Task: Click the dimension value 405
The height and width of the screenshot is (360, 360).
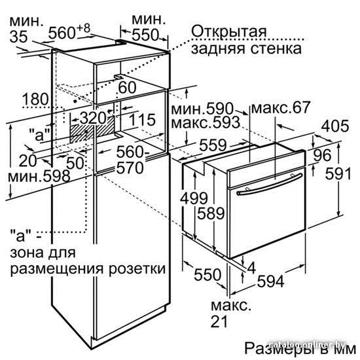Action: pyautogui.click(x=335, y=126)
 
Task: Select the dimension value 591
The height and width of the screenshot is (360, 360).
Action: pyautogui.click(x=338, y=173)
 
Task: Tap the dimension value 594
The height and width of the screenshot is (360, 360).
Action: pyautogui.click(x=271, y=281)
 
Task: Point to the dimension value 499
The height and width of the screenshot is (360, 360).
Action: pyautogui.click(x=194, y=198)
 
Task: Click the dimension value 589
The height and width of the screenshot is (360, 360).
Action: pyautogui.click(x=211, y=213)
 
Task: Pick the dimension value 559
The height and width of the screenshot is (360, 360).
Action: pyautogui.click(x=213, y=145)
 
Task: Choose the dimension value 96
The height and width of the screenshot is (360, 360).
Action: pyautogui.click(x=322, y=155)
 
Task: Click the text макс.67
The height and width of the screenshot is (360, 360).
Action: pyautogui.click(x=281, y=107)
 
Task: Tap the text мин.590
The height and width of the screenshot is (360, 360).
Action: pyautogui.click(x=202, y=109)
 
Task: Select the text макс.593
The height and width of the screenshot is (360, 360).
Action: pyautogui.click(x=206, y=123)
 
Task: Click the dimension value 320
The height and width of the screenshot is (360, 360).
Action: pyautogui.click(x=93, y=118)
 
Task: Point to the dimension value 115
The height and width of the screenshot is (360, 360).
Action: pyautogui.click(x=142, y=120)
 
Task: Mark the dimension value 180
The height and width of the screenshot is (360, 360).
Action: pyautogui.click(x=35, y=99)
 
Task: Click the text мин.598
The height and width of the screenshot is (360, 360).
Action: pyautogui.click(x=39, y=177)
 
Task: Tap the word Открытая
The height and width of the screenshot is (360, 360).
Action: pyautogui.click(x=229, y=31)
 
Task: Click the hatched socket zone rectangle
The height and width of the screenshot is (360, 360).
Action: pyautogui.click(x=92, y=129)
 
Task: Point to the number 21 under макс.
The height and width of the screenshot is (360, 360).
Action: pyautogui.click(x=219, y=321)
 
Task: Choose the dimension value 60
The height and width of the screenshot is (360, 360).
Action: pyautogui.click(x=127, y=88)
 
